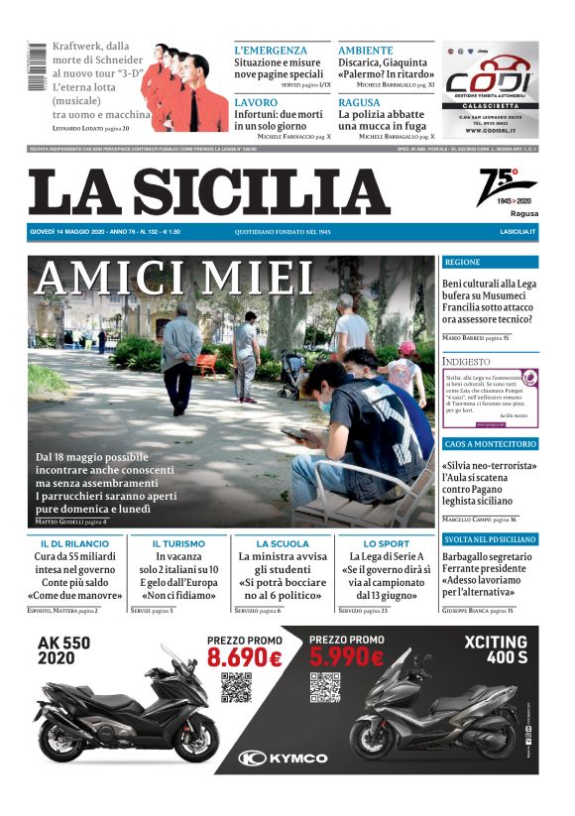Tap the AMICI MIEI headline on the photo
pyautogui.click(x=173, y=279)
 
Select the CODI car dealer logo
pyautogui.click(x=491, y=81)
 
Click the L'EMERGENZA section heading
pyautogui.click(x=271, y=50)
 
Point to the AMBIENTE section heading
pyautogui.click(x=366, y=50)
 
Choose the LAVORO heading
pyautogui.click(x=256, y=102)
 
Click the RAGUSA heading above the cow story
pyautogui.click(x=360, y=102)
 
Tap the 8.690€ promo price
pyautogui.click(x=245, y=656)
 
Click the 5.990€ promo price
pyautogui.click(x=346, y=656)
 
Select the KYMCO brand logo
pyautogui.click(x=285, y=758)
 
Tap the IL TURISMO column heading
pyautogui.click(x=178, y=544)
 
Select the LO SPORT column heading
pyautogui.click(x=386, y=544)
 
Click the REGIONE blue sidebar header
pyautogui.click(x=490, y=263)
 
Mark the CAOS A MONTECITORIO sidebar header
pyautogui.click(x=490, y=444)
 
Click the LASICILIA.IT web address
pyautogui.click(x=517, y=232)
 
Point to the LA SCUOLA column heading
pyautogui.click(x=283, y=544)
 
